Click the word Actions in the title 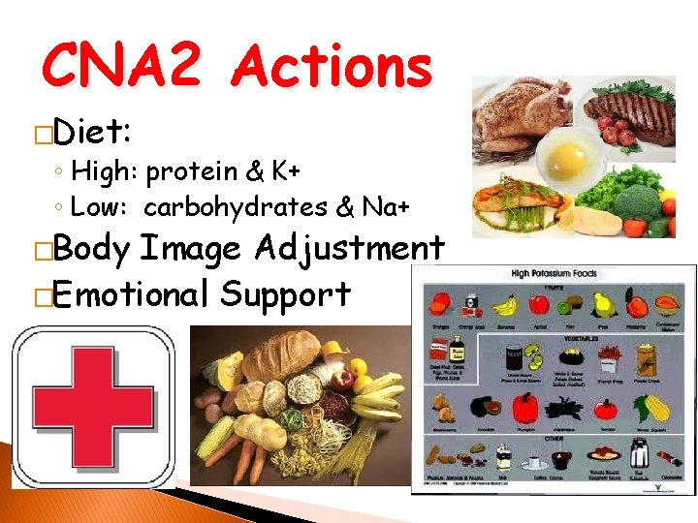(333, 69)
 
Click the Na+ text (386, 206)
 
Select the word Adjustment (350, 249)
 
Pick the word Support (286, 292)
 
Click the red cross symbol (92, 407)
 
